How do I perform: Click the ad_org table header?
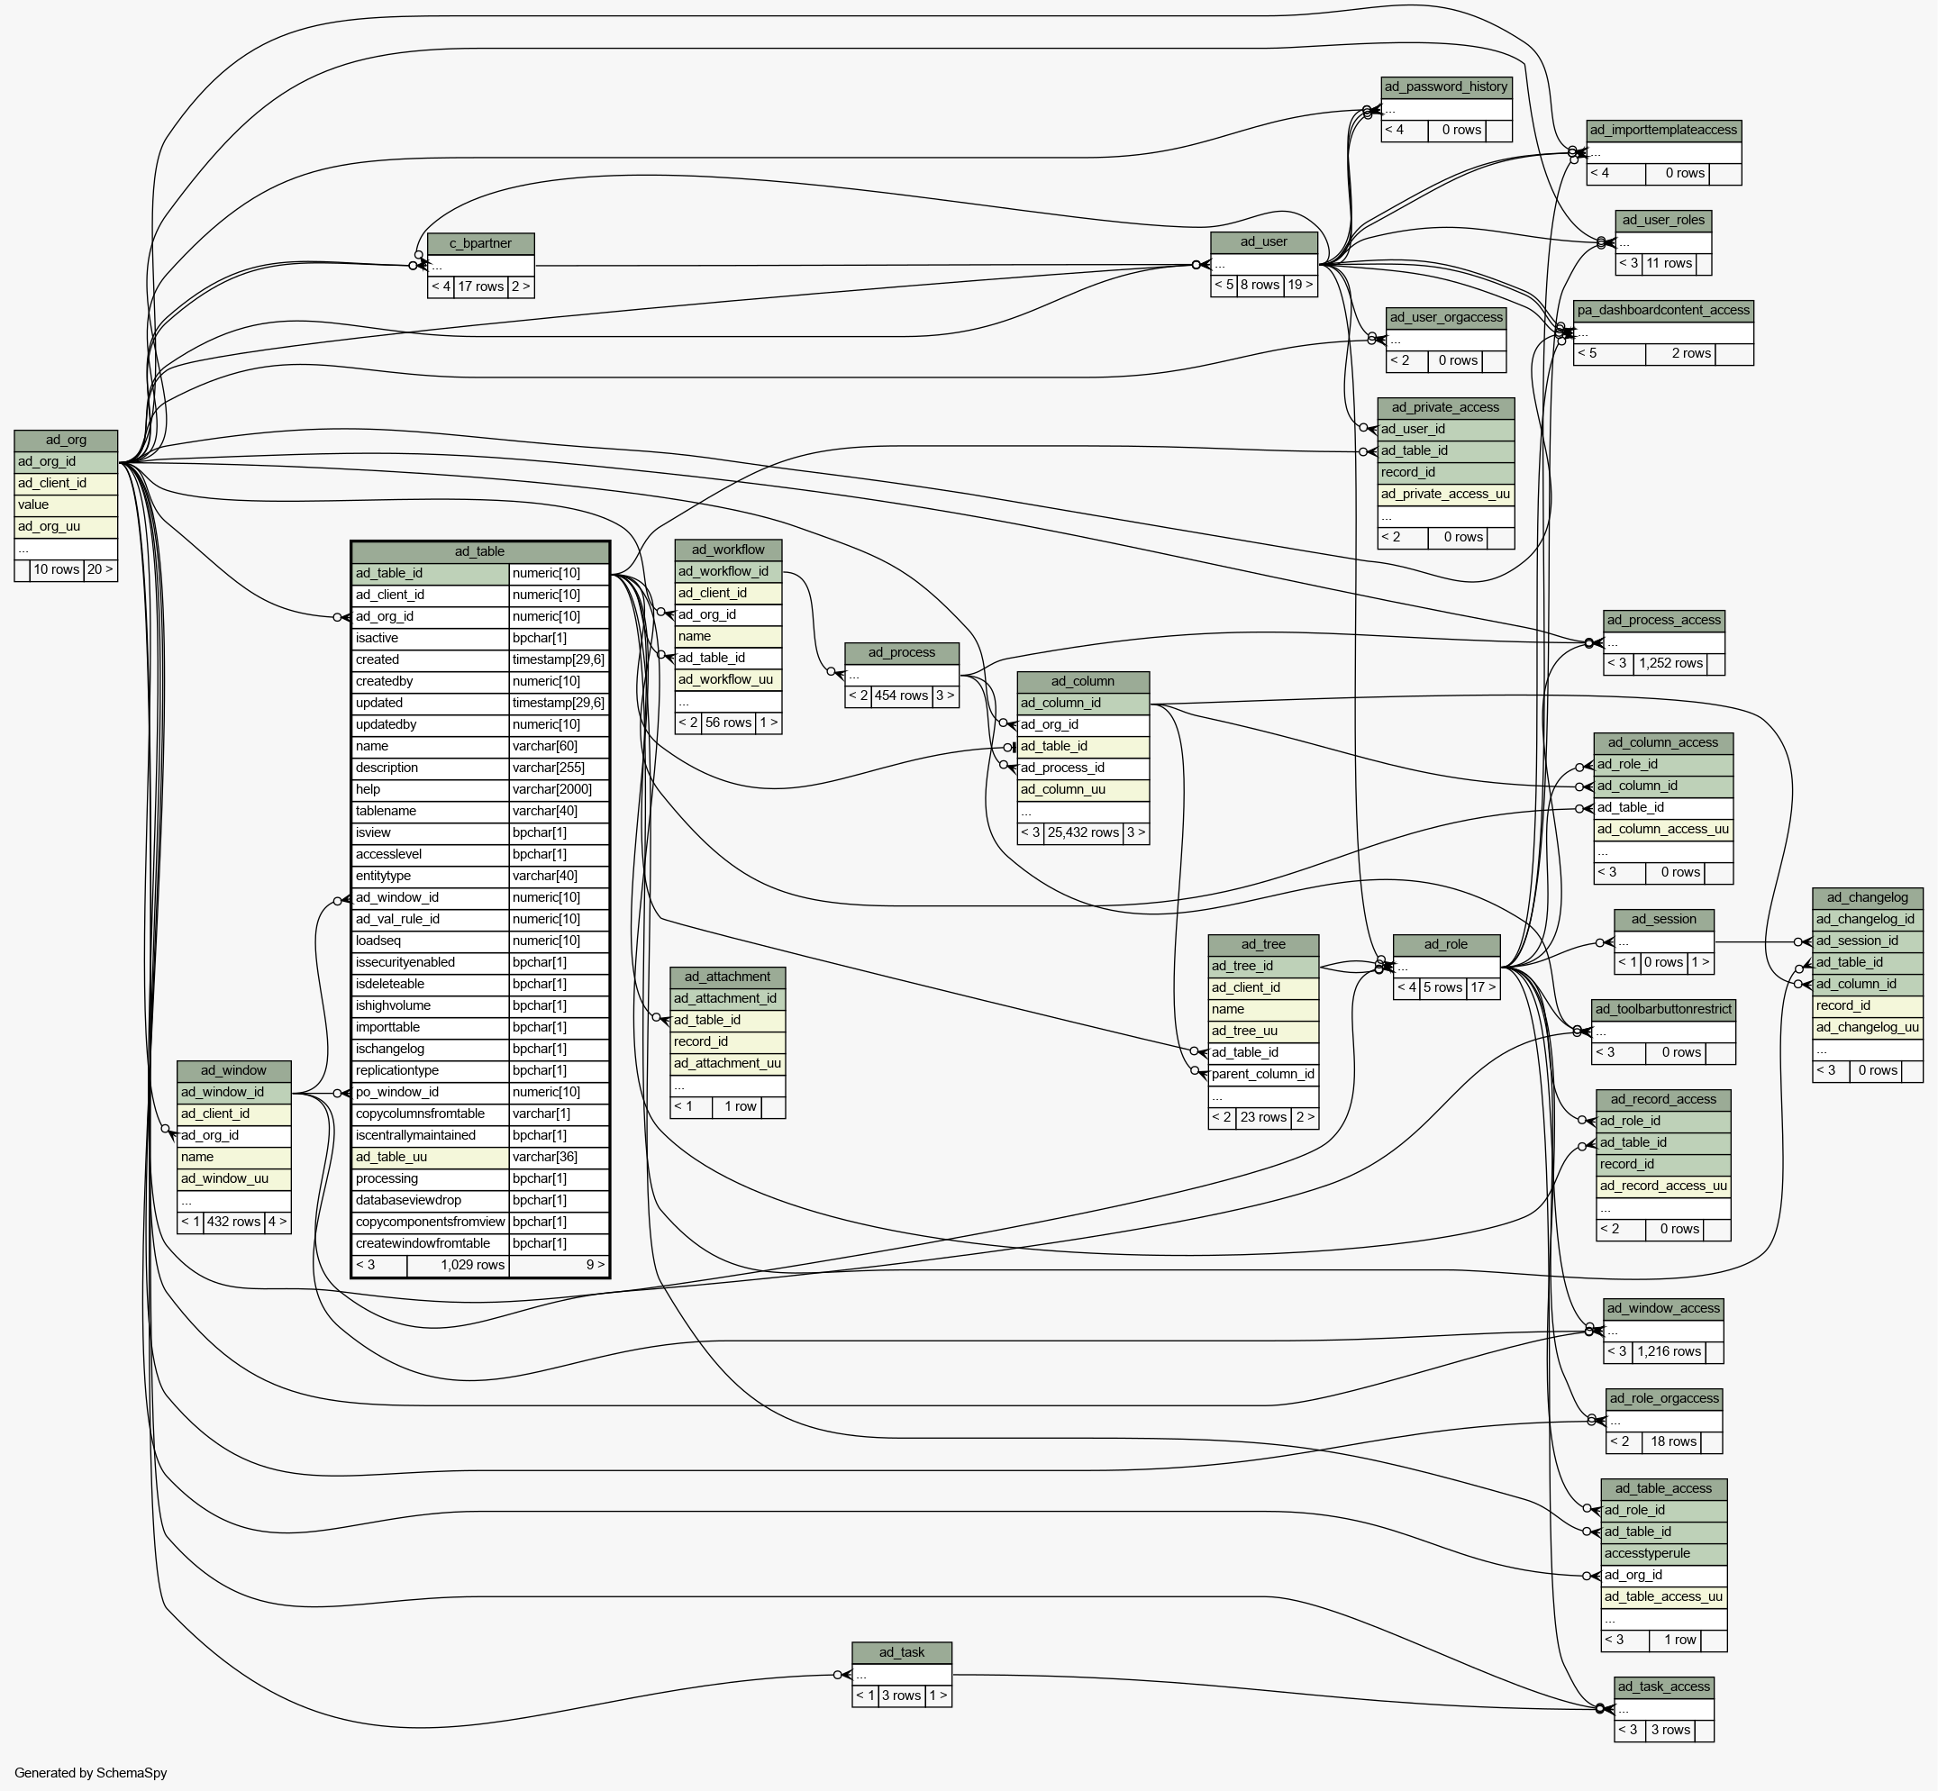[x=66, y=440]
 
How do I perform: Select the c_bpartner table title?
[x=480, y=243]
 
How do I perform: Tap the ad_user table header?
[x=1263, y=242]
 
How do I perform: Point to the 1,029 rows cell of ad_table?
[x=458, y=1265]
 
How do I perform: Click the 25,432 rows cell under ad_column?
[x=1083, y=832]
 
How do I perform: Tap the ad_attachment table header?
[x=728, y=977]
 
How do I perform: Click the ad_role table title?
[x=1446, y=945]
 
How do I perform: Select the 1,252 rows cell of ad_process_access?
[x=1670, y=664]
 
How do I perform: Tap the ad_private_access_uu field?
[x=1446, y=495]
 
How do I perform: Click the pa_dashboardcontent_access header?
[x=1664, y=311]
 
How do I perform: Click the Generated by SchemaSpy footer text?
[x=91, y=1773]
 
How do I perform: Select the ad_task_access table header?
[x=1664, y=1687]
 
